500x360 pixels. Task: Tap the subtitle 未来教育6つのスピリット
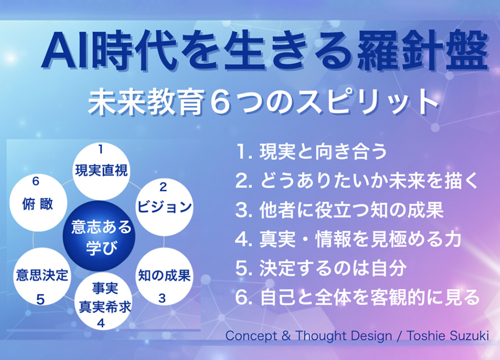263,102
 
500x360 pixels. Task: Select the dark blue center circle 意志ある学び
99,236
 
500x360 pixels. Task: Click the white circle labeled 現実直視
101,171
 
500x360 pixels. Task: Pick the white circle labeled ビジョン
164,207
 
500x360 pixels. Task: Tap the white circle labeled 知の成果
164,276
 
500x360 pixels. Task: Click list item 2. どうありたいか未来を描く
357,180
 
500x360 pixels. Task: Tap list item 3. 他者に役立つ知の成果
339,210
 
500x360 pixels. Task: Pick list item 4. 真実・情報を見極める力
348,239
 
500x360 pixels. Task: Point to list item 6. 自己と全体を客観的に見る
357,297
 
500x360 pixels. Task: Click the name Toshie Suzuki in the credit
447,335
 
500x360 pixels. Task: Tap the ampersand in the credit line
286,336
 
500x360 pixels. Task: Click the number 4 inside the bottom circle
101,323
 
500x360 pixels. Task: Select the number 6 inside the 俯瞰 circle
35,181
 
